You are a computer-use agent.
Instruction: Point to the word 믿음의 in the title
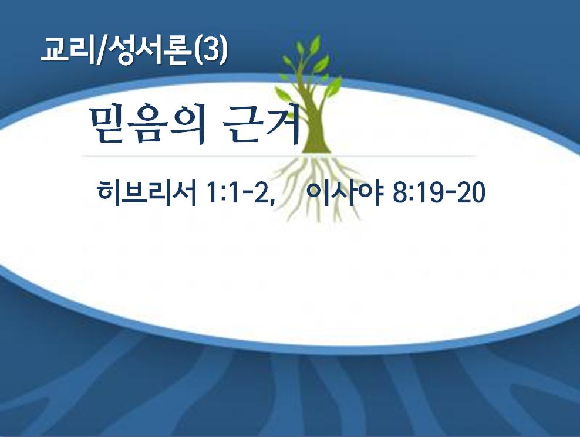click(x=147, y=124)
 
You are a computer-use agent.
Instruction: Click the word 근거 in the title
click(x=261, y=124)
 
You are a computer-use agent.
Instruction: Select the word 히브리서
click(x=147, y=193)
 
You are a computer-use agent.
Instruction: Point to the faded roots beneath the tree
click(x=318, y=187)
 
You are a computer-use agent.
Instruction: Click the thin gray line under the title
click(x=279, y=157)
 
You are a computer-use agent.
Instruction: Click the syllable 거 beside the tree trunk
click(x=282, y=124)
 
